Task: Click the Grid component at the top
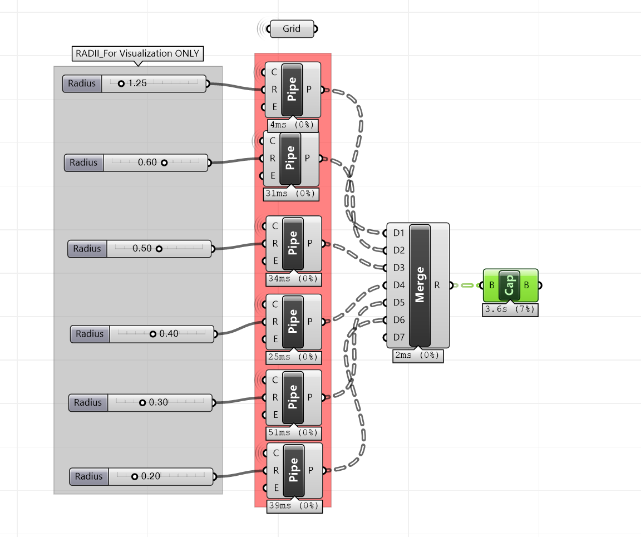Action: coord(292,29)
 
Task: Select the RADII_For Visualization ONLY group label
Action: coord(138,53)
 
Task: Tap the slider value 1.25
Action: coord(137,83)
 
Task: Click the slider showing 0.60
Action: coord(147,163)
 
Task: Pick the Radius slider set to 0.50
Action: coord(142,249)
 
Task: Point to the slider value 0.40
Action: coord(169,334)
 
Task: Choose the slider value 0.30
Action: coord(158,402)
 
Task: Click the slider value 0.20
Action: coord(150,476)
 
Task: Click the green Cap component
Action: coord(510,285)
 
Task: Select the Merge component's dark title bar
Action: coord(420,285)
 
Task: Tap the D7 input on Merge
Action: coord(398,337)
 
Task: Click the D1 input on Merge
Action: coord(398,233)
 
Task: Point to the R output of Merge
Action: coord(437,285)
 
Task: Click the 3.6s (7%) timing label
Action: coord(510,310)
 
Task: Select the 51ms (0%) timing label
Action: coord(294,432)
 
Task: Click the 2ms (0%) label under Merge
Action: coord(418,356)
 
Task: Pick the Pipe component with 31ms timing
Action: coord(290,159)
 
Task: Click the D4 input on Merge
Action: coord(398,285)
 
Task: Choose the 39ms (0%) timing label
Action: coord(294,506)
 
